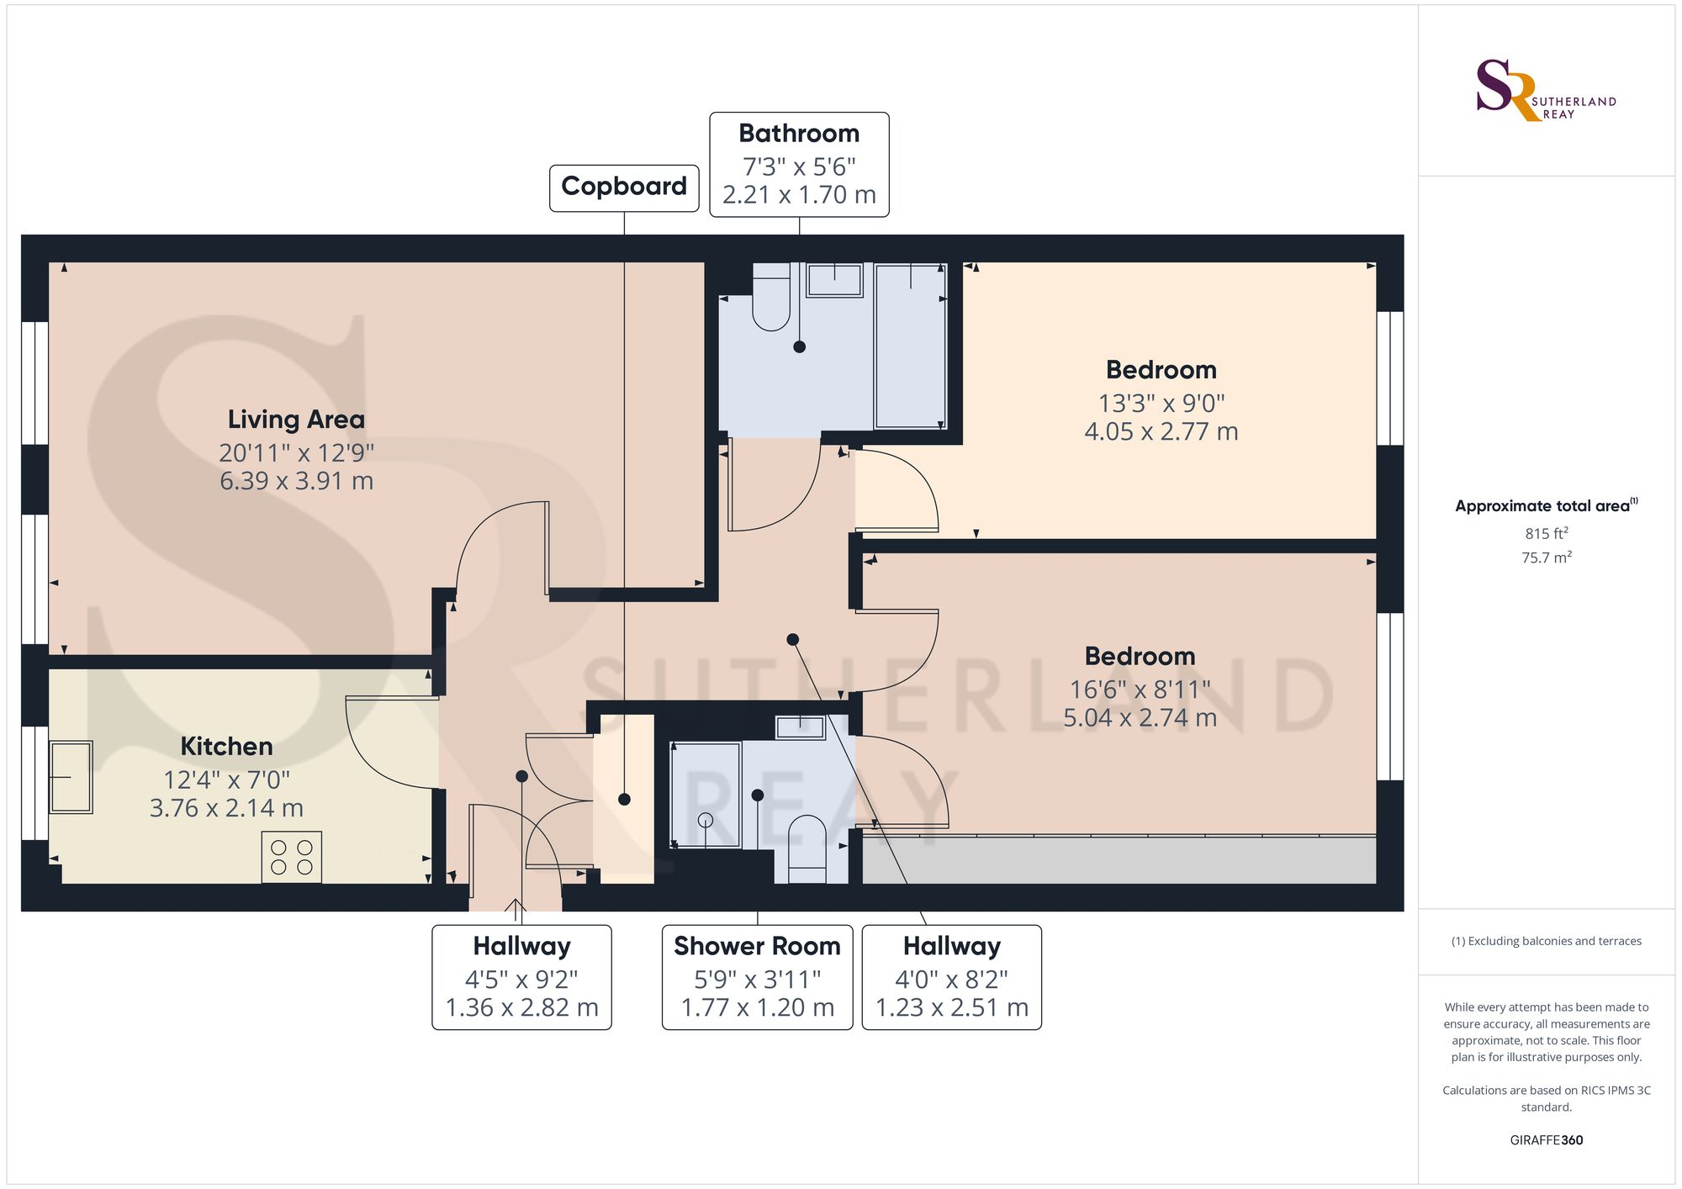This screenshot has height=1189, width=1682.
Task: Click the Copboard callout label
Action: pyautogui.click(x=623, y=187)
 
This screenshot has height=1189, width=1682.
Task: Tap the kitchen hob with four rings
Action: pyautogui.click(x=291, y=857)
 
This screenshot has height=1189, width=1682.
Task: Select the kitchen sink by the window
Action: pyautogui.click(x=71, y=777)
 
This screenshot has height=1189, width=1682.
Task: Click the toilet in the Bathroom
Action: pyautogui.click(x=770, y=299)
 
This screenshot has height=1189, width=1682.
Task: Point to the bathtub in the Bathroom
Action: pyautogui.click(x=910, y=346)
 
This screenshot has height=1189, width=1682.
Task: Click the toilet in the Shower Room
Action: pyautogui.click(x=807, y=848)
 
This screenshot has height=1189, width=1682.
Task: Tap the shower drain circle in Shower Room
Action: pyautogui.click(x=706, y=820)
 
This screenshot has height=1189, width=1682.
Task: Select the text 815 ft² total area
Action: pyautogui.click(x=1546, y=533)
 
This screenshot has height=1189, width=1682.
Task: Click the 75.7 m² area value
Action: pyautogui.click(x=1546, y=558)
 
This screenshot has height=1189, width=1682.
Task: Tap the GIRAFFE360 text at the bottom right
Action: pyautogui.click(x=1546, y=1140)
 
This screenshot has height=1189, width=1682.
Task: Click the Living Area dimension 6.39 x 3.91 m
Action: pyautogui.click(x=296, y=481)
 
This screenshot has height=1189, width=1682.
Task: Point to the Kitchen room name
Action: pyautogui.click(x=226, y=747)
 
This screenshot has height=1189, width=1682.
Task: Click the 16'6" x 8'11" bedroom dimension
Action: pyautogui.click(x=1140, y=690)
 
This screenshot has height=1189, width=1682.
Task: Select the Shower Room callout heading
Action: pyautogui.click(x=757, y=946)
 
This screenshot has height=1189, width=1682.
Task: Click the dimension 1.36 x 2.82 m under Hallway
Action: pyautogui.click(x=521, y=1007)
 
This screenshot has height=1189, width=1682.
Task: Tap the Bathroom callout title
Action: pyautogui.click(x=799, y=134)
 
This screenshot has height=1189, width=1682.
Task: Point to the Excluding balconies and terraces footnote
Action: pyautogui.click(x=1546, y=941)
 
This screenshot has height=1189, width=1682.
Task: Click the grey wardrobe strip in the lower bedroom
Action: pyautogui.click(x=1119, y=860)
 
